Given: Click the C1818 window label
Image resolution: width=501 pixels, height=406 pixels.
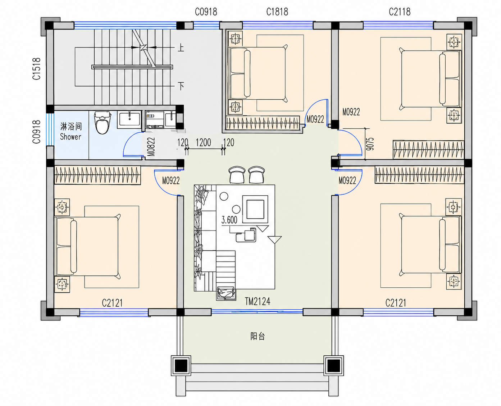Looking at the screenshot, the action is (x=277, y=12).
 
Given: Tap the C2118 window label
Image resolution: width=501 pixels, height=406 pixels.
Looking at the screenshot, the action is (x=400, y=12).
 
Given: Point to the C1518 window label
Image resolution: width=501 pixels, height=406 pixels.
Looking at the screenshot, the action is (x=37, y=69).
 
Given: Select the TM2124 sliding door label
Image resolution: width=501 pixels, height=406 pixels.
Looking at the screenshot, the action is (x=258, y=302).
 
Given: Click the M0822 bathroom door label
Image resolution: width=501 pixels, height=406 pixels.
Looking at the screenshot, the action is (x=151, y=147).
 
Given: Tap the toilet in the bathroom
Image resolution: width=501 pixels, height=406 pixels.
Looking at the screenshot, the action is (x=103, y=123).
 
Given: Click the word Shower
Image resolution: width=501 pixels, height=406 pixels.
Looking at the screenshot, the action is (x=70, y=137).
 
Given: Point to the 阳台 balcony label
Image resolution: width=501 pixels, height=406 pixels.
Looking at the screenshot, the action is (x=258, y=336).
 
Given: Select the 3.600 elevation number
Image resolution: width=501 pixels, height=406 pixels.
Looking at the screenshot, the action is (x=229, y=220).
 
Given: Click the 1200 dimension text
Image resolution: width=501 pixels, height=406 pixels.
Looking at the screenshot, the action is (x=204, y=142).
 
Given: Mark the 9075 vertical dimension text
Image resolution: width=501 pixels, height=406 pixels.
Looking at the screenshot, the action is (x=370, y=144).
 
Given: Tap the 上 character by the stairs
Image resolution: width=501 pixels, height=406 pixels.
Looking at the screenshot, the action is (x=181, y=48).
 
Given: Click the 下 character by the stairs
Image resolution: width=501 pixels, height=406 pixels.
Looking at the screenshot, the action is (x=181, y=86).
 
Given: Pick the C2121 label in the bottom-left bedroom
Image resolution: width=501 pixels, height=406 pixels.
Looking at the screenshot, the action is (x=113, y=303).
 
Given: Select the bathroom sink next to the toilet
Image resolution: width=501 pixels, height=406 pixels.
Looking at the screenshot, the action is (x=129, y=120).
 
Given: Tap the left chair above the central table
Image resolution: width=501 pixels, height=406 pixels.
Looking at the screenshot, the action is (x=237, y=175).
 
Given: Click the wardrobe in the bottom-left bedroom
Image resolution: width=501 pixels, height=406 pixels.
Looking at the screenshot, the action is (x=97, y=175).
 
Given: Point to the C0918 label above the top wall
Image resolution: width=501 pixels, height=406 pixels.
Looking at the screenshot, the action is (x=206, y=12).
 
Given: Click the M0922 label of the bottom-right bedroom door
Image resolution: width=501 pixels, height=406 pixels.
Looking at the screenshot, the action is (x=347, y=181).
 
